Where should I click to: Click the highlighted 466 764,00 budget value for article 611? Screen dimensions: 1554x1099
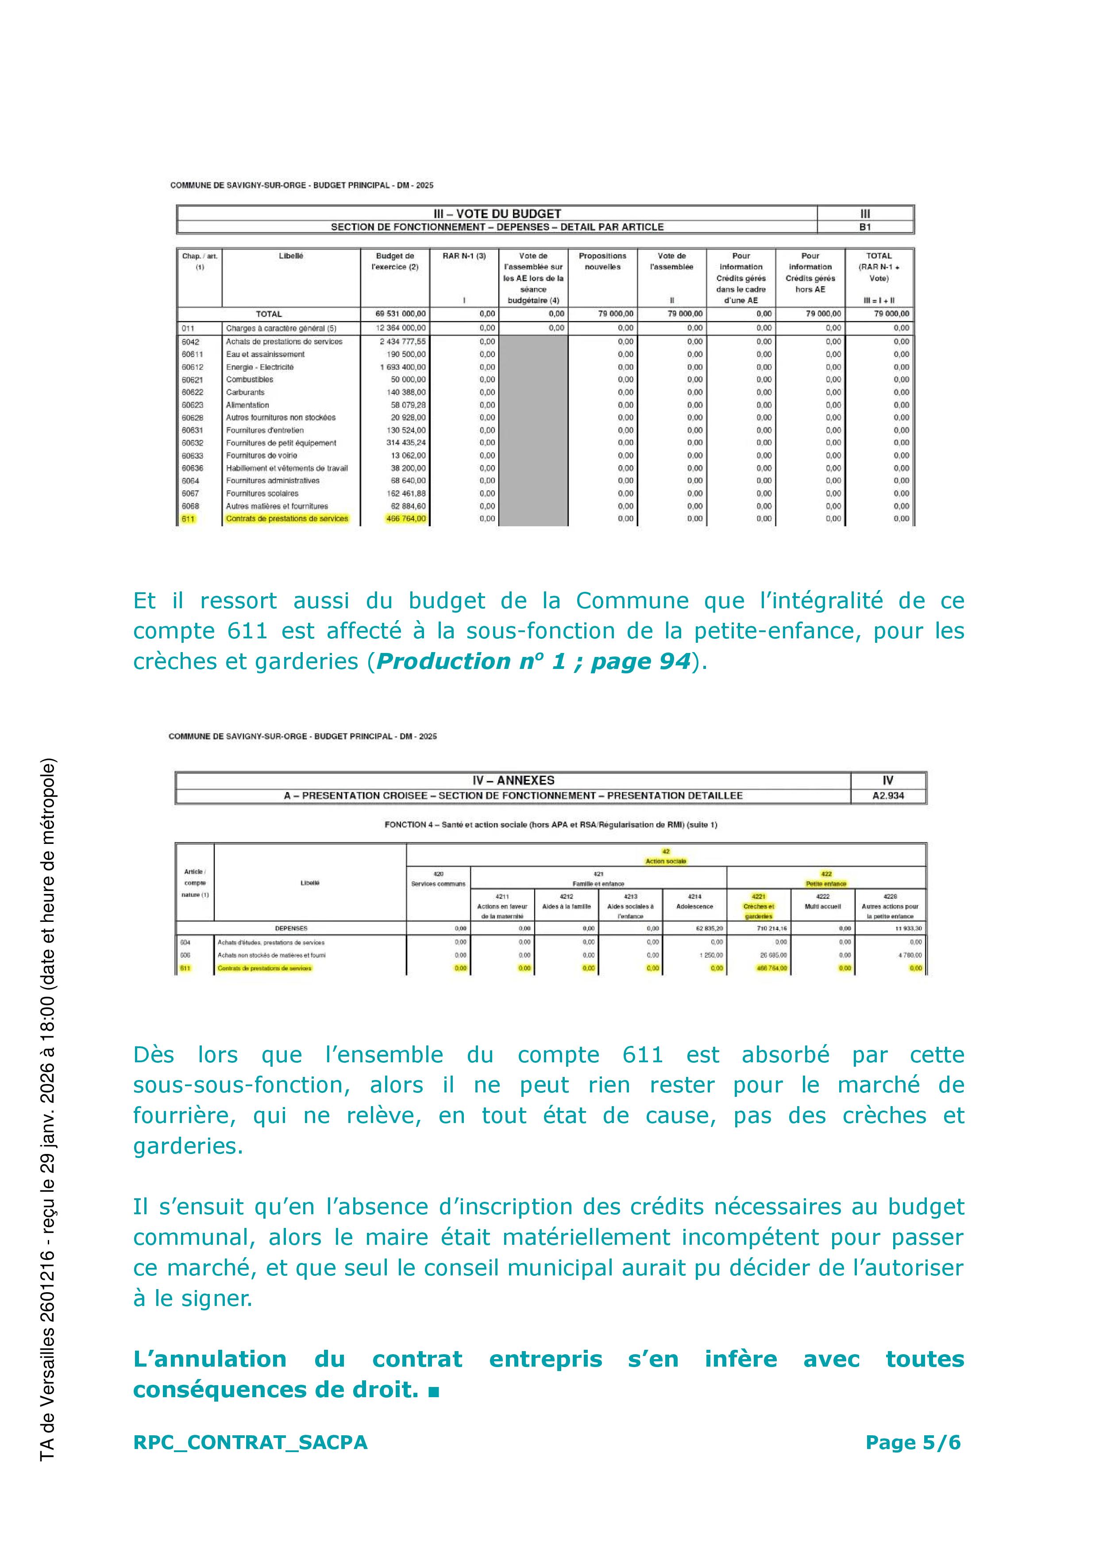point(406,519)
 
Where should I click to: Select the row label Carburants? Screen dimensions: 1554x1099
point(245,392)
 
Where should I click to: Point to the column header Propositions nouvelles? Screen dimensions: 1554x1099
point(602,261)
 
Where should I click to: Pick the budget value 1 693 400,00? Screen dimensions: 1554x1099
point(403,367)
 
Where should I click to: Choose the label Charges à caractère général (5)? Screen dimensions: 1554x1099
point(281,328)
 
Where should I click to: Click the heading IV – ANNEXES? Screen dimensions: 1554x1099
point(513,780)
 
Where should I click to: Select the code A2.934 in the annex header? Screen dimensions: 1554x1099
point(888,796)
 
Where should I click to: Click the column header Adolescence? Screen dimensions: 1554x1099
point(694,906)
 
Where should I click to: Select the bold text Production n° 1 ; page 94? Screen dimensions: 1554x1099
point(534,661)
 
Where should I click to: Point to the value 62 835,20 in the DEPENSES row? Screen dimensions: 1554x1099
point(709,929)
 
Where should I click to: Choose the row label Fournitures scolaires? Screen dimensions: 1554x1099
point(262,493)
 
